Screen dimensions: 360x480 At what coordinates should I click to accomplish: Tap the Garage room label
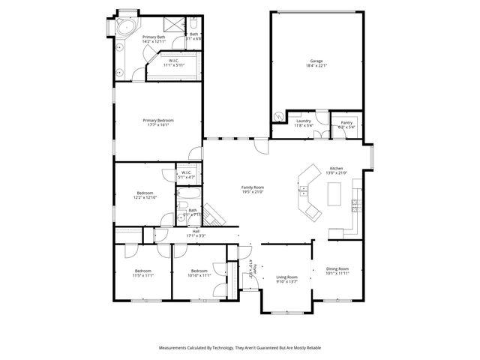pyautogui.click(x=316, y=61)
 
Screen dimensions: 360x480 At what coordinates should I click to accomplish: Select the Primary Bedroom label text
pyautogui.click(x=158, y=120)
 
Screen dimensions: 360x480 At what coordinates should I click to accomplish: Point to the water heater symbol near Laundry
pyautogui.click(x=279, y=117)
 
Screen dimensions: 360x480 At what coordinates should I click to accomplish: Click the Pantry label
pyautogui.click(x=346, y=122)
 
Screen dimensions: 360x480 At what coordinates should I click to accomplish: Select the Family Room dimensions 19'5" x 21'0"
pyautogui.click(x=252, y=192)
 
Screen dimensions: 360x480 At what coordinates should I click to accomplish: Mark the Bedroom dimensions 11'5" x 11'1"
pyautogui.click(x=142, y=275)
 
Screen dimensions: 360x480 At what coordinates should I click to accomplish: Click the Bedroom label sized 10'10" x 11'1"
pyautogui.click(x=199, y=271)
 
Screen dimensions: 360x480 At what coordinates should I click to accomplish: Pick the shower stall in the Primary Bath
pyautogui.click(x=172, y=24)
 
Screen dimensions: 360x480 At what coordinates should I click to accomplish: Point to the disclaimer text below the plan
pyautogui.click(x=239, y=348)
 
